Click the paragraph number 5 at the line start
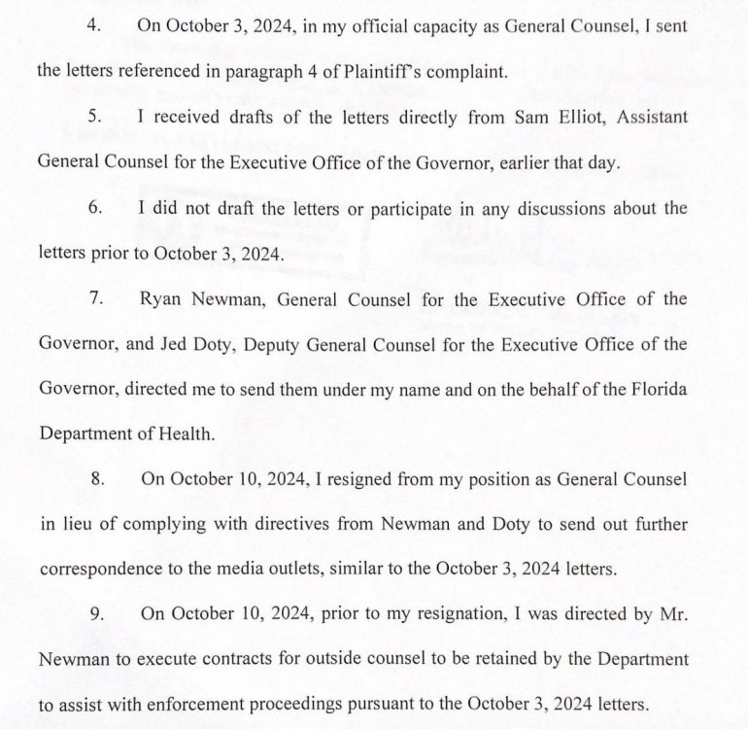click(95, 117)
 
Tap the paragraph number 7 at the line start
click(95, 298)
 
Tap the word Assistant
click(647, 117)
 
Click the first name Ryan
click(162, 298)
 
